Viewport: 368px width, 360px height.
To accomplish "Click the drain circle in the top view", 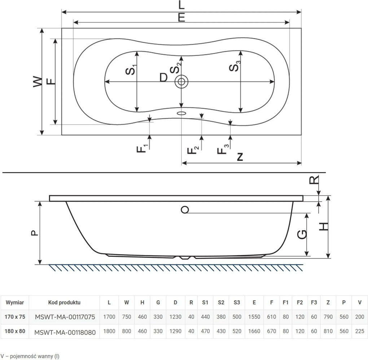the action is click(x=181, y=82).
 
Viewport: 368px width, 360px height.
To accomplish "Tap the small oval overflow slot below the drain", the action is click(x=181, y=113).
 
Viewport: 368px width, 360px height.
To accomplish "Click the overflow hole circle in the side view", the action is click(x=185, y=210).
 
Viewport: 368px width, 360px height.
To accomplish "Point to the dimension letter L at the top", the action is click(x=181, y=5).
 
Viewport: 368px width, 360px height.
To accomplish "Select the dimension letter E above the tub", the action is click(x=181, y=18).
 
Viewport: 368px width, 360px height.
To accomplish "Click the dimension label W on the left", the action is click(x=38, y=82).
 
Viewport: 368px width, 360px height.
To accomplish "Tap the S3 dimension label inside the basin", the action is click(x=235, y=66).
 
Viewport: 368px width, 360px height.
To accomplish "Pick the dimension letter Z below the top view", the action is click(x=240, y=157).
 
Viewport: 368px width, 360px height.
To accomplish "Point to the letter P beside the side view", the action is click(x=35, y=233).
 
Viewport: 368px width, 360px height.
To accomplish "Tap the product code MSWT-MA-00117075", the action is click(x=65, y=317).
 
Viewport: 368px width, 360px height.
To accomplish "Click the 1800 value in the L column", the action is click(x=109, y=331).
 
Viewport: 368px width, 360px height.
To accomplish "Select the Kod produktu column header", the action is click(x=64, y=302).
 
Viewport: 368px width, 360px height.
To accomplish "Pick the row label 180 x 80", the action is click(x=15, y=331).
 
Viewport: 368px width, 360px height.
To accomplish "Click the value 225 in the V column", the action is click(x=360, y=331).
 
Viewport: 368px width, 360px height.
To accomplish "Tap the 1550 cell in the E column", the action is click(x=254, y=317).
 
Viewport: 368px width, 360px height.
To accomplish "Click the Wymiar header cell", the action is click(x=15, y=302).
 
